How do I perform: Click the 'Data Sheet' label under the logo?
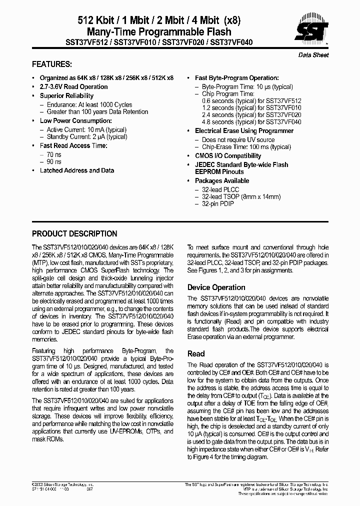click(313, 55)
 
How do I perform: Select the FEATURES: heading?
click(52, 64)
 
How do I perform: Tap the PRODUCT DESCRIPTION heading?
click(74, 233)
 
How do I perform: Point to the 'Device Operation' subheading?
click(216, 287)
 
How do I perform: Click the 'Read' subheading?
click(196, 353)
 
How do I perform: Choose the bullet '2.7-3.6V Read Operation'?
click(73, 87)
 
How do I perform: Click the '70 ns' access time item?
click(54, 154)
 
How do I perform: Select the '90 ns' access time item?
click(54, 162)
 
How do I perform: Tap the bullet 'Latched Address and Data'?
click(76, 170)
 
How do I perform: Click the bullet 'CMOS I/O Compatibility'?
click(228, 156)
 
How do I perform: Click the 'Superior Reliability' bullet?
click(66, 95)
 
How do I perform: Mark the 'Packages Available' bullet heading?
click(222, 181)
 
